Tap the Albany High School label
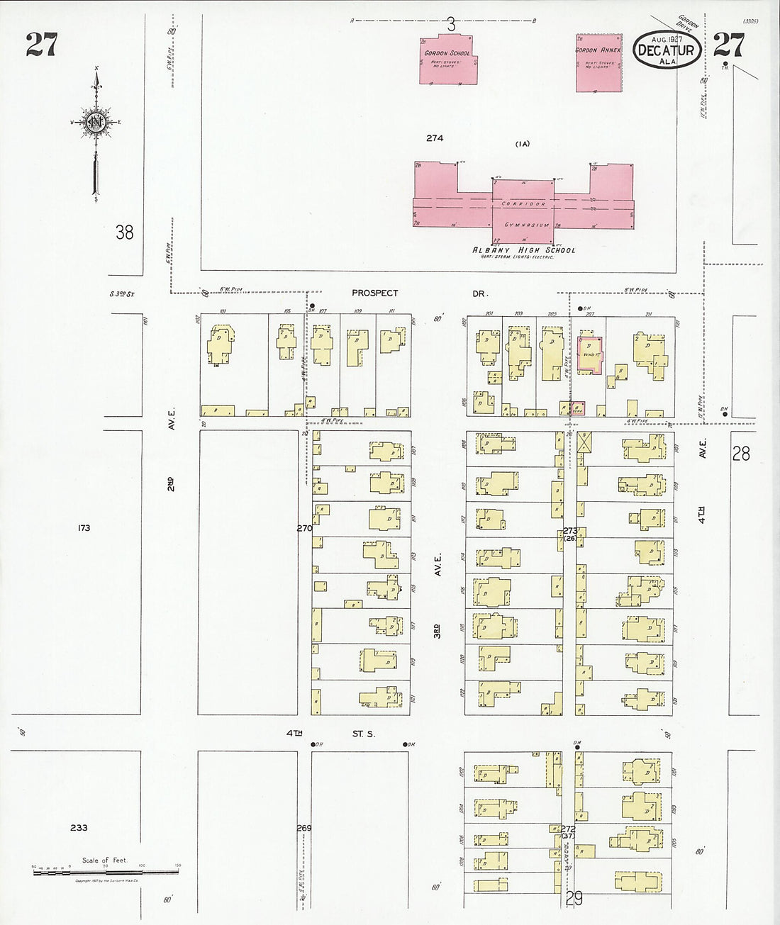tap(524, 250)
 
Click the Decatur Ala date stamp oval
tap(667, 50)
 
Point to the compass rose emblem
tap(96, 123)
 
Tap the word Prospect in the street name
tap(375, 293)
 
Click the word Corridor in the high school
tap(524, 204)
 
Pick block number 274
tap(435, 138)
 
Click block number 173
tap(84, 528)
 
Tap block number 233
tap(79, 827)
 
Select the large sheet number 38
tap(124, 232)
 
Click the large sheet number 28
tap(740, 453)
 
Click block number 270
tap(304, 528)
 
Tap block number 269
tap(304, 828)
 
